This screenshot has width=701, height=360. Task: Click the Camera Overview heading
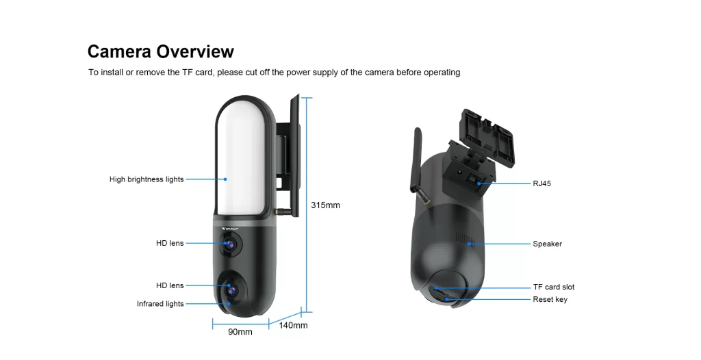click(x=160, y=51)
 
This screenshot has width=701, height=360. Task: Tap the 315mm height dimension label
click(x=325, y=205)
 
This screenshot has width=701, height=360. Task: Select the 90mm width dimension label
click(x=240, y=332)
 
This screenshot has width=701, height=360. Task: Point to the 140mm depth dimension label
click(x=293, y=326)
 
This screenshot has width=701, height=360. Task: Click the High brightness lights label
click(x=146, y=179)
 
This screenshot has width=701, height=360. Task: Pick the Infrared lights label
click(x=160, y=304)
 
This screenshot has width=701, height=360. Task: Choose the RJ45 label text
click(x=542, y=183)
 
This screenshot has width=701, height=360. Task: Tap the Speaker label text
click(x=547, y=244)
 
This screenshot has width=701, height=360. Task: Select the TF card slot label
click(x=554, y=287)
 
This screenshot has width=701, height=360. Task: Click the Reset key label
click(x=550, y=299)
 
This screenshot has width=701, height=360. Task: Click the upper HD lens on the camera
click(x=230, y=244)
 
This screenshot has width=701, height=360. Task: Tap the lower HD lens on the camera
click(x=231, y=289)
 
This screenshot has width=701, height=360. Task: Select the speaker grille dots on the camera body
click(x=465, y=238)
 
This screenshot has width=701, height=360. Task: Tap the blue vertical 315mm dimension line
click(x=307, y=205)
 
